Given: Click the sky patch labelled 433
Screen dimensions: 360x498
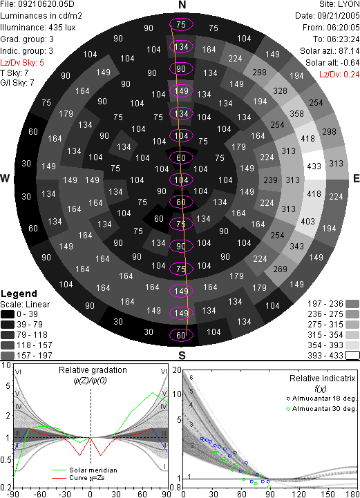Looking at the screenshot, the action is click(x=314, y=166).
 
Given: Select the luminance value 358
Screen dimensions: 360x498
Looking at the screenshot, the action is click(x=296, y=114).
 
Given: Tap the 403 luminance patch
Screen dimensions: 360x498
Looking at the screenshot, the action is click(x=307, y=221).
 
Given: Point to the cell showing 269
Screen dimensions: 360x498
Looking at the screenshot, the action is click(x=280, y=269).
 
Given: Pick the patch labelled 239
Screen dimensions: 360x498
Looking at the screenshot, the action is click(x=270, y=180).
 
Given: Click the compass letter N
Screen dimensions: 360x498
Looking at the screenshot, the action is click(x=182, y=5).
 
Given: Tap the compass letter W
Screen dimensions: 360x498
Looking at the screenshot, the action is click(x=5, y=178).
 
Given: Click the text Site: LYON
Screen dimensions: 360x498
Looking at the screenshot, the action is click(x=339, y=4).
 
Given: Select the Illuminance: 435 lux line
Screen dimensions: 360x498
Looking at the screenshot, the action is click(x=38, y=28).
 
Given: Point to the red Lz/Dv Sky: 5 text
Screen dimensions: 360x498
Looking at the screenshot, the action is click(x=22, y=63).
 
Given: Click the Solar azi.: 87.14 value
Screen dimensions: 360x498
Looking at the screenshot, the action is click(x=330, y=51).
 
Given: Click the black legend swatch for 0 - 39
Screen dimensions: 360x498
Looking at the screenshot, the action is click(x=8, y=314).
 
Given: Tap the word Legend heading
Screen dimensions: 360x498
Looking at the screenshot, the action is click(x=19, y=294).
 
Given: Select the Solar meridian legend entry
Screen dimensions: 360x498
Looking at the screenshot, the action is click(x=84, y=470).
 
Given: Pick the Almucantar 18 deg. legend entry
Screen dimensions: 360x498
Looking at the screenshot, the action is click(x=321, y=399).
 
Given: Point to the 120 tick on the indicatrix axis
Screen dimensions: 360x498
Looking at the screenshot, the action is click(x=299, y=494).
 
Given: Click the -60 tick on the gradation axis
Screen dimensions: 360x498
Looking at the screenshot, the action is click(x=39, y=494).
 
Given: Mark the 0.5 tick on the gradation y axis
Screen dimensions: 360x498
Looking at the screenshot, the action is click(x=6, y=460).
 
